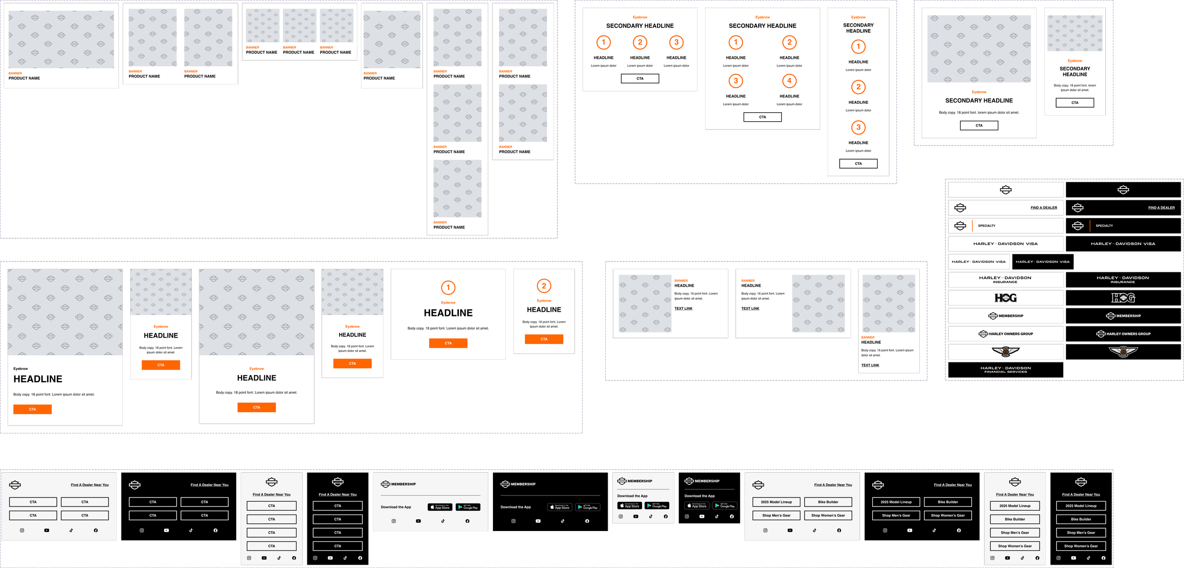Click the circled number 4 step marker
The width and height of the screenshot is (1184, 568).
click(789, 81)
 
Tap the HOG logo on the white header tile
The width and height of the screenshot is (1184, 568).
click(1005, 298)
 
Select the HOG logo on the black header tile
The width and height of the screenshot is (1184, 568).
click(1123, 298)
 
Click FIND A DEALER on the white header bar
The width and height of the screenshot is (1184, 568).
click(1043, 207)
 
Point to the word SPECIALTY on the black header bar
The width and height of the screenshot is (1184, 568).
click(1104, 226)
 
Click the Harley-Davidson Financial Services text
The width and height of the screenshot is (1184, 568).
click(1005, 370)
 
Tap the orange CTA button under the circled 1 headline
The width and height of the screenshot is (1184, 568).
click(448, 343)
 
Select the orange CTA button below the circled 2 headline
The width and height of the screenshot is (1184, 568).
click(544, 339)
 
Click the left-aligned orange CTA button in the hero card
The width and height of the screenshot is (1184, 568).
click(32, 409)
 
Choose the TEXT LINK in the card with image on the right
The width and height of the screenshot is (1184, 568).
click(750, 308)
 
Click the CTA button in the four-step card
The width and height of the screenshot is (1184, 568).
click(762, 117)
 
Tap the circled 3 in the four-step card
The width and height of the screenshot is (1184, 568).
click(736, 81)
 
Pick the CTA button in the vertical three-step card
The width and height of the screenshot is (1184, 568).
click(858, 163)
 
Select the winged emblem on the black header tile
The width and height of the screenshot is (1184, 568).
click(1123, 352)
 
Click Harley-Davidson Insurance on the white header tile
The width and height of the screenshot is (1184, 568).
click(1005, 279)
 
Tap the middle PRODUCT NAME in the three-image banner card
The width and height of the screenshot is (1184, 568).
click(298, 53)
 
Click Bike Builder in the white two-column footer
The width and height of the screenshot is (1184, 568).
click(828, 502)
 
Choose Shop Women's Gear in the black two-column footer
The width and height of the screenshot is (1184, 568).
click(947, 515)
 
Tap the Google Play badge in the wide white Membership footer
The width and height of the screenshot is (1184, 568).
click(468, 507)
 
